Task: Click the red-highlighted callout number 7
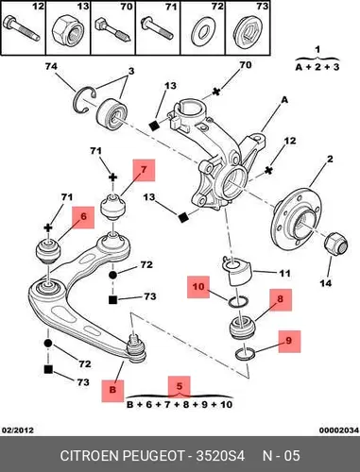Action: (x=144, y=170)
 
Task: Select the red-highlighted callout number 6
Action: (x=83, y=217)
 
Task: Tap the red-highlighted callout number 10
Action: (x=198, y=287)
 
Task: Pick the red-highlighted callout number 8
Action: (x=281, y=299)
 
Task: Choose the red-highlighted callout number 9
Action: (x=289, y=341)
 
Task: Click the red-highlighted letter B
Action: (x=112, y=391)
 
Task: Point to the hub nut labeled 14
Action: (x=336, y=245)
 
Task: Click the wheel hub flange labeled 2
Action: (x=297, y=215)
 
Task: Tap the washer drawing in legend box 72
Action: (x=202, y=31)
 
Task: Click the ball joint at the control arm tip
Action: (x=135, y=348)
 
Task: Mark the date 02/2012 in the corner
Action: (x=18, y=430)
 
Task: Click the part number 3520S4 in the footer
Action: (x=220, y=456)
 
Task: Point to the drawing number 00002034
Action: (x=339, y=430)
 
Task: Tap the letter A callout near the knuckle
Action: (x=284, y=100)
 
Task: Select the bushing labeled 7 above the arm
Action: (x=112, y=207)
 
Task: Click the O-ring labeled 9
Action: (x=246, y=354)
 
